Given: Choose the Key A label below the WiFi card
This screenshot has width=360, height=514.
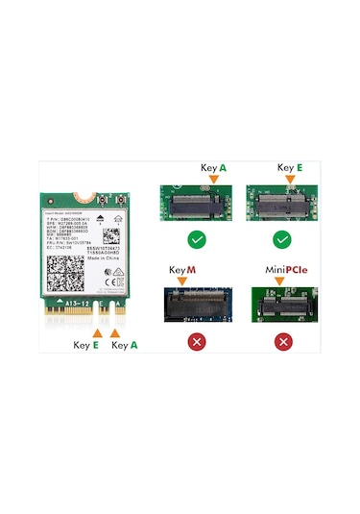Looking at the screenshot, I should pos(125,344).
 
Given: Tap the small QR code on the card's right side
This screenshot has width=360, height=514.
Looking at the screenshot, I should pos(108,235).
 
